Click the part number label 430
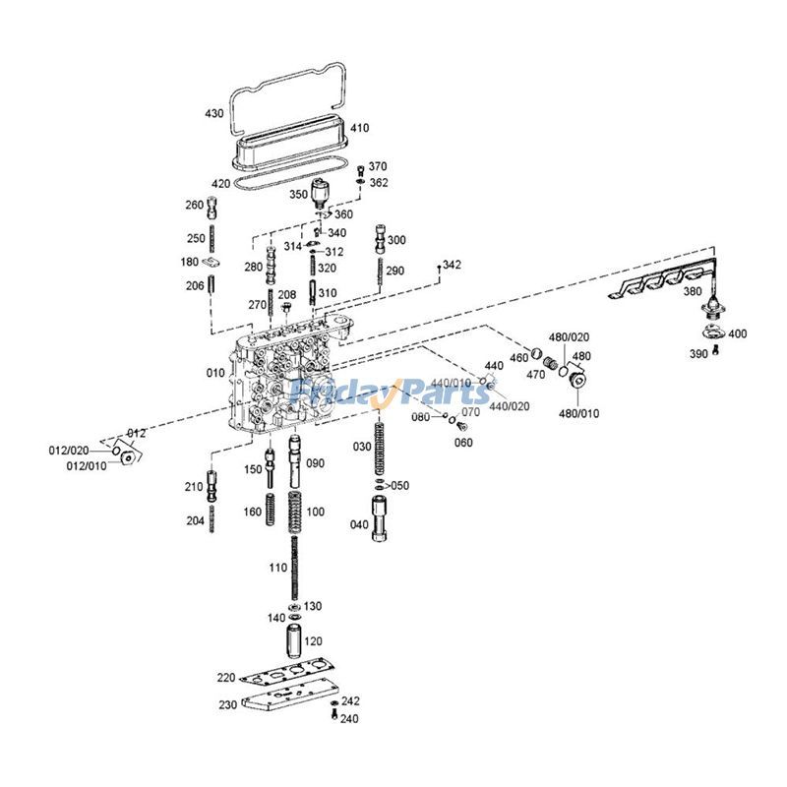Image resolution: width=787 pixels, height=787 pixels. (x=214, y=113)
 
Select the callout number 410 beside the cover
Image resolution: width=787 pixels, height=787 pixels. (x=359, y=128)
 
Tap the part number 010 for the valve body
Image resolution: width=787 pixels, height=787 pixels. (x=214, y=374)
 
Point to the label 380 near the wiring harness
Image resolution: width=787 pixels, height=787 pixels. (x=693, y=291)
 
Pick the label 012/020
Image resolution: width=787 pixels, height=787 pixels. (x=69, y=451)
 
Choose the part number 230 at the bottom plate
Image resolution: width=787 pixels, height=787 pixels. (x=227, y=704)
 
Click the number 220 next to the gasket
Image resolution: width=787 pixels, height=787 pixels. (x=227, y=678)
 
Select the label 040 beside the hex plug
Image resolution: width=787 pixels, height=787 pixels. (x=360, y=524)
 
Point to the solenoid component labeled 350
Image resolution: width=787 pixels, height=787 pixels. (x=322, y=194)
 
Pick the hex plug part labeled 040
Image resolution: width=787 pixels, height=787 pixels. (x=383, y=519)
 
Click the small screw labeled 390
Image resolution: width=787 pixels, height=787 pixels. (x=717, y=351)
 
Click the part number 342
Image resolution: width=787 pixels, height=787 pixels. (x=452, y=266)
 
